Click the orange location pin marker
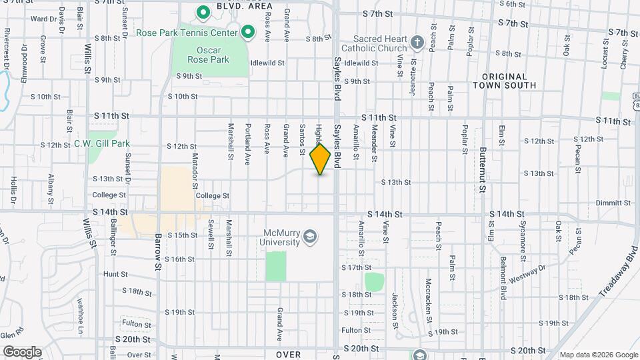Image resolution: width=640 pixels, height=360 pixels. pos(320,159)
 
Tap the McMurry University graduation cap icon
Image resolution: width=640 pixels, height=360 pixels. pos(309,236)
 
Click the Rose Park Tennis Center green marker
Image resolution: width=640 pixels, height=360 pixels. pos(248,31)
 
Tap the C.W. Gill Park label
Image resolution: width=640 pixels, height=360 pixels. pos(102,143)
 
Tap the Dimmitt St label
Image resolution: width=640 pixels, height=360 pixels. pos(613,203)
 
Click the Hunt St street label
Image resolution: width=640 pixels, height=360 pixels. pos(115,274)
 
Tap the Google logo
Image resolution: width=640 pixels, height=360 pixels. pos(21,351)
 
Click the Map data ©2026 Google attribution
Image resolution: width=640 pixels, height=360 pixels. pos(598,355)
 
